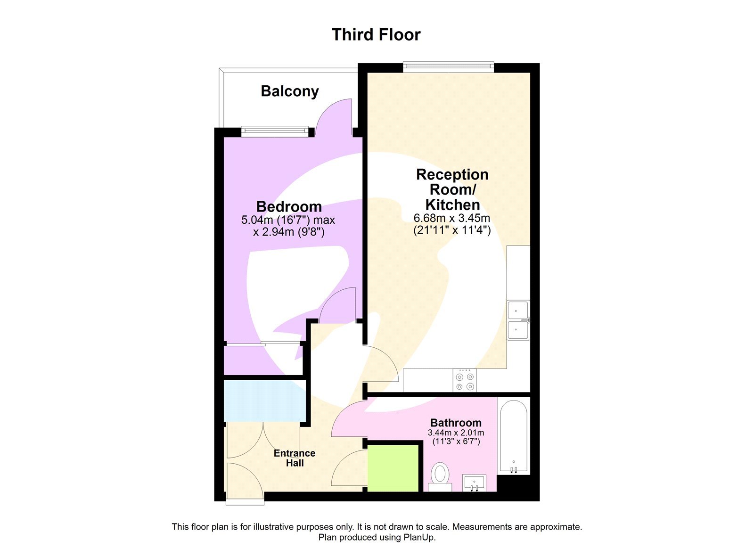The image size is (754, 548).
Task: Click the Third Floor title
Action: [376, 35]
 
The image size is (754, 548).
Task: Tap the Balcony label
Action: [290, 91]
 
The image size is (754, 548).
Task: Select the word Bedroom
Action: [289, 206]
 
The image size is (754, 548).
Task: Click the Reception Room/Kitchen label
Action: [452, 189]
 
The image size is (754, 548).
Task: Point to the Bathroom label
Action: [456, 423]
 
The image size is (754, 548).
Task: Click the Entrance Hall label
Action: [295, 458]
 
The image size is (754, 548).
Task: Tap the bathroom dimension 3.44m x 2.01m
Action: [456, 433]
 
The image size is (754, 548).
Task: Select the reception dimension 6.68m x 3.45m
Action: [451, 218]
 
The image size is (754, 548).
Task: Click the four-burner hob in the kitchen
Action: [465, 381]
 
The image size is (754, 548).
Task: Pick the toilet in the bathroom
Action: [440, 475]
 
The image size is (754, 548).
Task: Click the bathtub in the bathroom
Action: [514, 436]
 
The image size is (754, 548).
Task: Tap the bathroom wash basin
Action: [474, 482]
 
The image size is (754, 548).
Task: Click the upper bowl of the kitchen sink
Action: [518, 311]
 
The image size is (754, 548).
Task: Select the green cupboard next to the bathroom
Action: [393, 468]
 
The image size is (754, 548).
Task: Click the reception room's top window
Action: [448, 67]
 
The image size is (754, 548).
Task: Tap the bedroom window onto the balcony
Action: [275, 131]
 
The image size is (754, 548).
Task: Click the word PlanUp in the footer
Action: [418, 537]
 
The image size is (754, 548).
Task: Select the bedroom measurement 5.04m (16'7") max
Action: [288, 220]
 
